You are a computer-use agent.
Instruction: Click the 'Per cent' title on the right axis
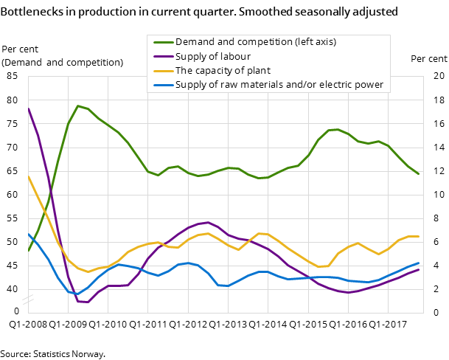coord(428,59)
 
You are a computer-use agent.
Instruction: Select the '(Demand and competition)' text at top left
coord(63,62)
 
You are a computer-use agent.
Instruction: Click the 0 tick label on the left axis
coord(16,312)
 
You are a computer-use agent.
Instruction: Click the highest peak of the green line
coord(78,105)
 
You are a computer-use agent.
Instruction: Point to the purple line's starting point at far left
coord(28,108)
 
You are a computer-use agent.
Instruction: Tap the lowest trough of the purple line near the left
coord(88,302)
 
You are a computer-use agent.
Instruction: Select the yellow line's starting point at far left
coord(28,176)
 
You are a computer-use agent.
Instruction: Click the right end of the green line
coord(419,174)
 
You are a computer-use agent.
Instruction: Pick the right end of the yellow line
coord(419,237)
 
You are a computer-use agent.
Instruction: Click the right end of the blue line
coord(419,263)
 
